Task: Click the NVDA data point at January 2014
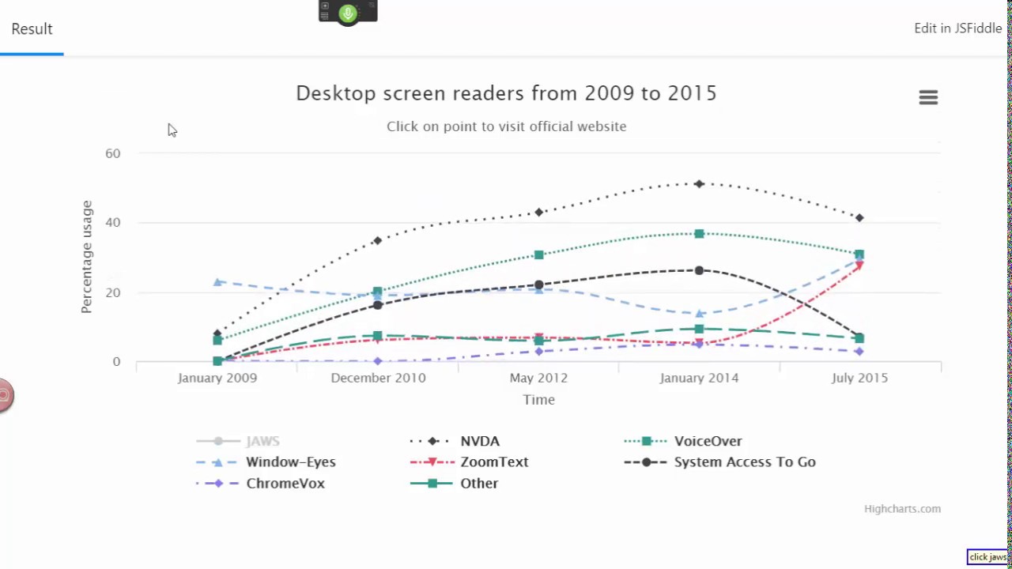699,184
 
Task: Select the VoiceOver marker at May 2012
538,255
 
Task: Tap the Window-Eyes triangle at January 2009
217,281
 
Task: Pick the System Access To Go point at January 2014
699,270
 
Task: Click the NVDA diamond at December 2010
378,240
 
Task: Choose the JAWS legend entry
262,441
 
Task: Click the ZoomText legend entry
494,462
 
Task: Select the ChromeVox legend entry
285,483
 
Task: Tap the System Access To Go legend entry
744,462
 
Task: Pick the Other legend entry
478,483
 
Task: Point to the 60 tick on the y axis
113,153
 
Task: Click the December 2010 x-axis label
378,378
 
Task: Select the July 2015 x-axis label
859,378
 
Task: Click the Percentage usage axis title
87,257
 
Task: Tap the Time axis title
538,400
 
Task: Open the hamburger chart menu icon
928,97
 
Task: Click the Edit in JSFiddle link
957,28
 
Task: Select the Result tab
32,29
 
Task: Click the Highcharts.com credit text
902,509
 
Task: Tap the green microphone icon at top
348,13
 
